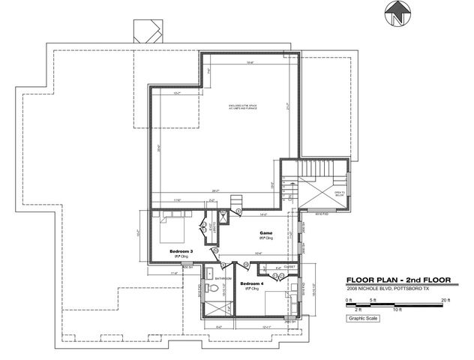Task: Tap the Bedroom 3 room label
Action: pyautogui.click(x=181, y=250)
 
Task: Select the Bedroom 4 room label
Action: pyautogui.click(x=251, y=284)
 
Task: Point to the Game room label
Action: pyautogui.click(x=265, y=233)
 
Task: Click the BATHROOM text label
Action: pyautogui.click(x=223, y=278)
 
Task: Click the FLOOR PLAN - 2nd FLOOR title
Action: pyautogui.click(x=397, y=280)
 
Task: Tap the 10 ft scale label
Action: pyautogui.click(x=397, y=309)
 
